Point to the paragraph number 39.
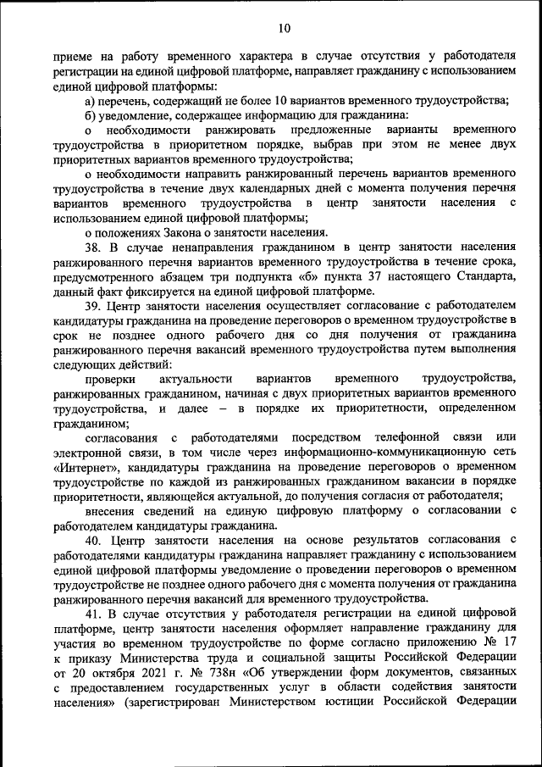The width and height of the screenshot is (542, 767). (94, 303)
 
